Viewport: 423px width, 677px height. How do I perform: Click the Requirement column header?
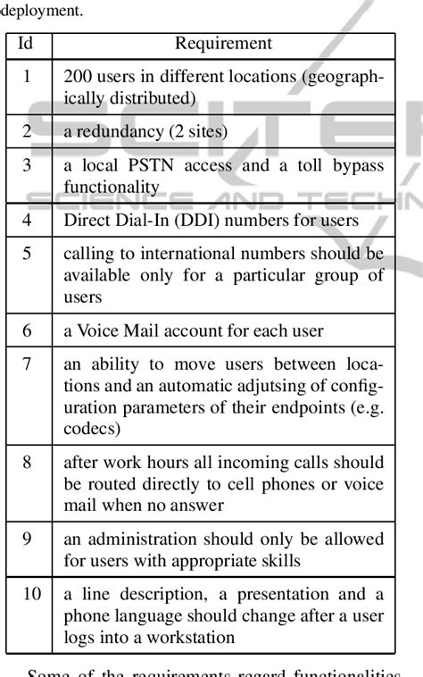[x=223, y=44]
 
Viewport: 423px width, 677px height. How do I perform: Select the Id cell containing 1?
[x=28, y=77]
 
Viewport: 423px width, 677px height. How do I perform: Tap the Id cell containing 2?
[x=28, y=131]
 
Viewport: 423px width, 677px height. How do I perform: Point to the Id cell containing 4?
[x=28, y=220]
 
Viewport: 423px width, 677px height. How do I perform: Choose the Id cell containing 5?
[x=28, y=254]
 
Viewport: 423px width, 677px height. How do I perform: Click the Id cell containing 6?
[x=28, y=330]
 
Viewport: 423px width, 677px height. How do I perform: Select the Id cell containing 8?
[x=28, y=462]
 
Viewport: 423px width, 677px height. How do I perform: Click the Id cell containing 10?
[x=30, y=594]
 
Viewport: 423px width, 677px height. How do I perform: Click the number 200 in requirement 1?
[x=77, y=77]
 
